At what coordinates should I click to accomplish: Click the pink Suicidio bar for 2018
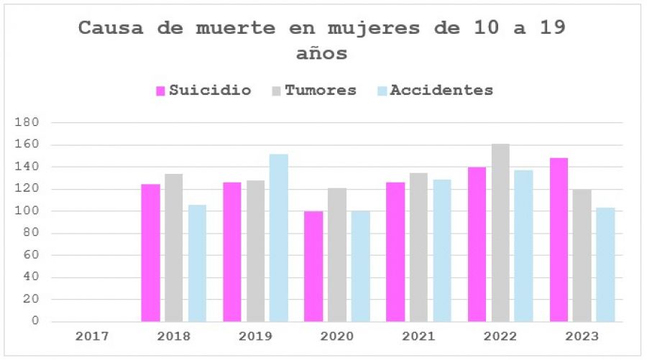[150, 253]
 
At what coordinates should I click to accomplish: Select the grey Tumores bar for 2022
[500, 233]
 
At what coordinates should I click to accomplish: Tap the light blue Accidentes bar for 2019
[279, 238]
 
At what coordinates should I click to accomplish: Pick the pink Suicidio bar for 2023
[559, 240]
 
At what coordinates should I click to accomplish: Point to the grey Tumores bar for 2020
[337, 255]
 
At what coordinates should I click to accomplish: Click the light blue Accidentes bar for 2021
[442, 251]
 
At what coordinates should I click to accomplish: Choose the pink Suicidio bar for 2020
[313, 267]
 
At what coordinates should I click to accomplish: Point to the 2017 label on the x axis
[92, 336]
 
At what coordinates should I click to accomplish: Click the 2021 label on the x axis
[419, 336]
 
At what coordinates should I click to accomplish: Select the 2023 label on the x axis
[582, 336]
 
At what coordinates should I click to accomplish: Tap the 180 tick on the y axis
[27, 123]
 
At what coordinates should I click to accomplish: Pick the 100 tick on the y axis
[27, 211]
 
